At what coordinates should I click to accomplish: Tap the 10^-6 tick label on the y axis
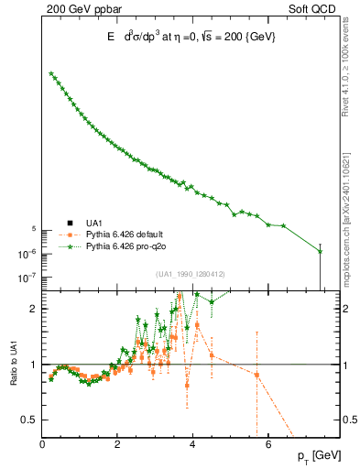click(x=27, y=254)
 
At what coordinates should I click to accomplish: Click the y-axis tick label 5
click(x=33, y=229)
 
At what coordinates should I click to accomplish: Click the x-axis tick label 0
click(x=42, y=445)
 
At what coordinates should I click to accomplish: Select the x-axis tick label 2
click(x=117, y=445)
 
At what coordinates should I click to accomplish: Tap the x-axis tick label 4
click(x=192, y=445)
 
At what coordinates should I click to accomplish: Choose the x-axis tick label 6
click(x=267, y=445)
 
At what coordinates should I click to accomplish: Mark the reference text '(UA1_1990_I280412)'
click(x=190, y=273)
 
